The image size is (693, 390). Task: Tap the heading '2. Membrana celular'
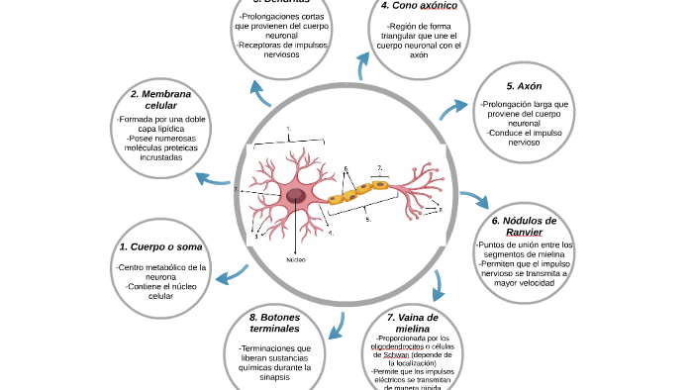[160, 99]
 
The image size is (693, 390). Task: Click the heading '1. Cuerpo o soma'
[160, 246]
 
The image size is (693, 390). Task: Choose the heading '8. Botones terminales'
[274, 323]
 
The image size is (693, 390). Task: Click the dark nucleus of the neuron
[296, 197]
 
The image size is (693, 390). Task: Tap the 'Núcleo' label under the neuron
[295, 259]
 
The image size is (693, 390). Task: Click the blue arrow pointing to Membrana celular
[214, 180]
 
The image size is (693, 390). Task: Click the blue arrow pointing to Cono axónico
[363, 65]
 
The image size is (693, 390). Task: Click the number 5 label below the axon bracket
[367, 220]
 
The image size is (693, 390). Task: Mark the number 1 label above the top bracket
[288, 129]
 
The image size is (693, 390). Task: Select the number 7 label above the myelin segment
[379, 168]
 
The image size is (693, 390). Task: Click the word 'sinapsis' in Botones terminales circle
[274, 377]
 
